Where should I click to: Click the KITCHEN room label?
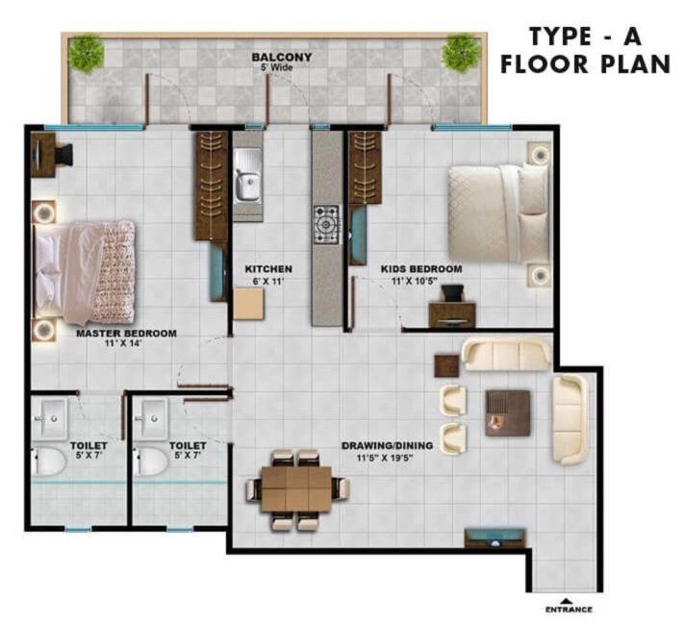[x=268, y=268]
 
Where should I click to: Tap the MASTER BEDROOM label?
[x=126, y=333]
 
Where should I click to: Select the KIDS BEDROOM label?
[x=420, y=268]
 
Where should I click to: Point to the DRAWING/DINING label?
[x=388, y=446]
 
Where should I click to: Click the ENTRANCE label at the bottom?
[x=568, y=610]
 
